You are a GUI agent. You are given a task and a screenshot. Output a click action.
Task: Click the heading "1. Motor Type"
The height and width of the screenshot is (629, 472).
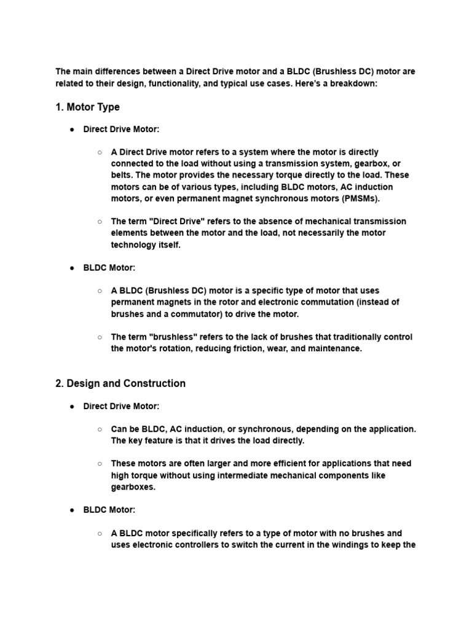(87, 107)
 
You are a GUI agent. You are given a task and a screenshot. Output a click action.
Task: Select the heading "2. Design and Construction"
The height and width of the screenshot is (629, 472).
(120, 383)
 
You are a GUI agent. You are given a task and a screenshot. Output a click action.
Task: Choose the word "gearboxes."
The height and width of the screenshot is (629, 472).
(133, 486)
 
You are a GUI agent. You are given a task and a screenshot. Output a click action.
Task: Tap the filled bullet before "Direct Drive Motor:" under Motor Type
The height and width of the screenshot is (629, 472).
(72, 130)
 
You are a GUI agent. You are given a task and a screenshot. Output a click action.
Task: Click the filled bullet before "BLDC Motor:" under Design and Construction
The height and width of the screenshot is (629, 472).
(72, 510)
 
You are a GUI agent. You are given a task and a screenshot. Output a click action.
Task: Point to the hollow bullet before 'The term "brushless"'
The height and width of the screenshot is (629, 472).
(100, 337)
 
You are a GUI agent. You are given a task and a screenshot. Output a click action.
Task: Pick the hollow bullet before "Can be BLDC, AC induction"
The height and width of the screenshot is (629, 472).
(100, 429)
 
